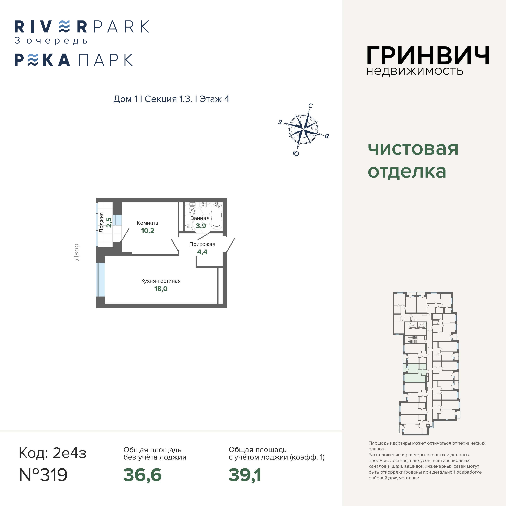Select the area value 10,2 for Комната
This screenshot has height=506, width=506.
(148, 231)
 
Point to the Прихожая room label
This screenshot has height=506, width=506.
(202, 244)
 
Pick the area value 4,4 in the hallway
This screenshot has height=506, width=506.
(202, 252)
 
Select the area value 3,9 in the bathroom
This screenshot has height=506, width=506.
(201, 226)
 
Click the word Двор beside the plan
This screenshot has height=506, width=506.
(76, 252)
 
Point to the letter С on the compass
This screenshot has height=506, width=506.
(310, 106)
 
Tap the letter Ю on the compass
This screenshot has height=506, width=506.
(296, 153)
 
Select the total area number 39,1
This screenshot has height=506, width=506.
(245, 475)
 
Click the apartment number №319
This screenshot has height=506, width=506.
(43, 475)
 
